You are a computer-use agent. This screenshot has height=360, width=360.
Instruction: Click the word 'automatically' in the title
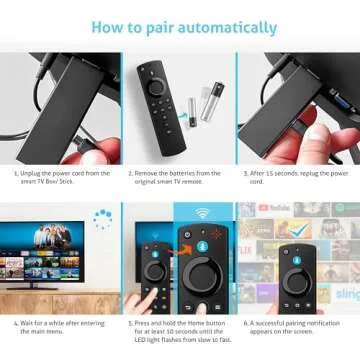point(216,27)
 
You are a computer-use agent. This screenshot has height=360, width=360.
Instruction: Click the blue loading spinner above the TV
point(101,216)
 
